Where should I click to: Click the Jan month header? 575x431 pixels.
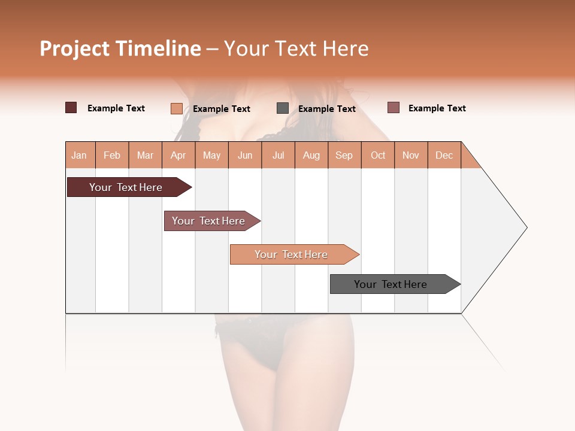(x=79, y=155)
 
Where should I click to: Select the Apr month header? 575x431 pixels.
(x=178, y=155)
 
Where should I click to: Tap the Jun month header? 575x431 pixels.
(x=245, y=155)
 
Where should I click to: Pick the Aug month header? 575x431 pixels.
(x=311, y=155)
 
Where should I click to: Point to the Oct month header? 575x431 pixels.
(x=378, y=155)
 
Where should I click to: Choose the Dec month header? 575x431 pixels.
(x=444, y=155)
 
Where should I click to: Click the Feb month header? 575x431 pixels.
(x=112, y=155)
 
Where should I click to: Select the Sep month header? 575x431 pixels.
(x=344, y=155)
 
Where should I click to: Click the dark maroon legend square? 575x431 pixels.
(x=71, y=108)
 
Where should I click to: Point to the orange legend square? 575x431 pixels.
(x=176, y=108)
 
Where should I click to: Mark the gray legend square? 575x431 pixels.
(x=283, y=108)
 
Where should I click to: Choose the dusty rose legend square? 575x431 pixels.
(x=393, y=108)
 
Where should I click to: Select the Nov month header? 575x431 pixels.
(x=411, y=155)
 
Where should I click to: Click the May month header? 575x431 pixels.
(x=211, y=155)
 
